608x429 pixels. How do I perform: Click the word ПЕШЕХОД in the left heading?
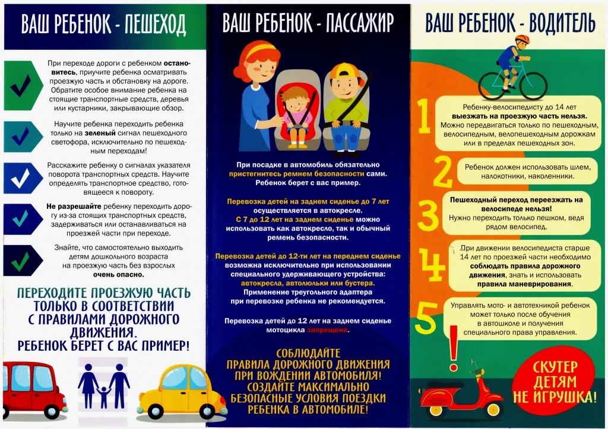coord(156,24)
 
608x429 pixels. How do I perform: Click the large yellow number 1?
coord(423,117)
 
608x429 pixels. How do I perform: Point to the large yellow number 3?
coord(427,210)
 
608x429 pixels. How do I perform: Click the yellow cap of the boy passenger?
coord(342,72)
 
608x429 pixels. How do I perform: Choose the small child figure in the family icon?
coord(104,396)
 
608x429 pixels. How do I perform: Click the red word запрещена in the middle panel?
coord(328,331)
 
